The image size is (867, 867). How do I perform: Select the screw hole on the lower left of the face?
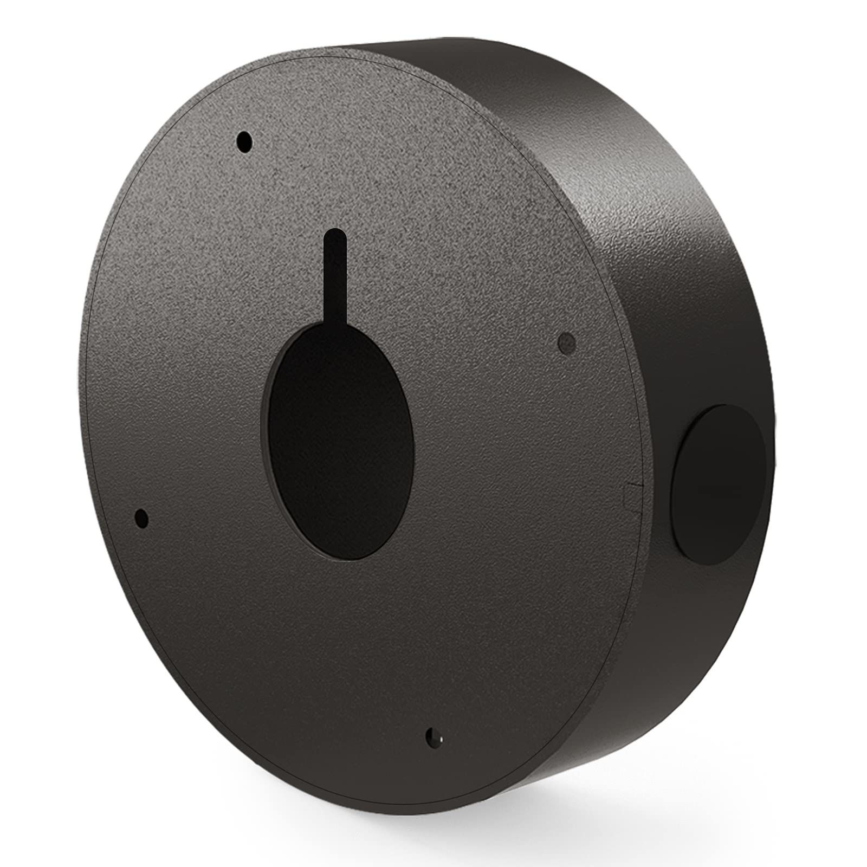pyautogui.click(x=142, y=519)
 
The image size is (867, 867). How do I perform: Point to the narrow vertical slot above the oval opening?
pyautogui.click(x=334, y=276)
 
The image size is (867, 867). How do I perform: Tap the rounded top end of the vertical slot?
pyautogui.click(x=334, y=234)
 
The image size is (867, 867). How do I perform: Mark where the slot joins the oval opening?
pyautogui.click(x=334, y=326)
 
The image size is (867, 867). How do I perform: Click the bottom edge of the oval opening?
pyautogui.click(x=347, y=560)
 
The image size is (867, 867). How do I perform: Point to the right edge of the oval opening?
pyautogui.click(x=415, y=444)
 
